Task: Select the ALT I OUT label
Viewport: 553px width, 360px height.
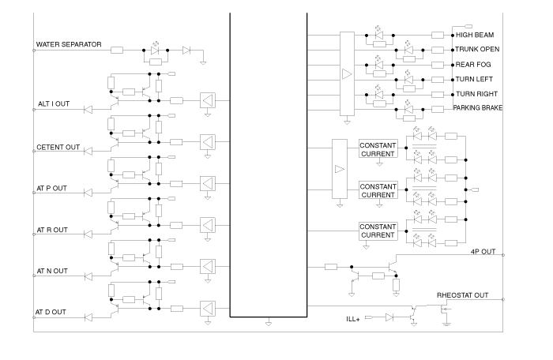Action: pyautogui.click(x=55, y=103)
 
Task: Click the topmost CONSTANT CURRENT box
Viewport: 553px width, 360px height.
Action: pyautogui.click(x=378, y=149)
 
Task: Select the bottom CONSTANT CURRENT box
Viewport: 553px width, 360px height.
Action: pyautogui.click(x=378, y=231)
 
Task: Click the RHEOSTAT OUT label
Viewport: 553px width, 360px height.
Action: pyautogui.click(x=463, y=295)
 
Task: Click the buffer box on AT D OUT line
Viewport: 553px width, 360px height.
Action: pyautogui.click(x=207, y=307)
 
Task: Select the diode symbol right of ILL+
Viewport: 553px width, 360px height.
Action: pyautogui.click(x=389, y=318)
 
